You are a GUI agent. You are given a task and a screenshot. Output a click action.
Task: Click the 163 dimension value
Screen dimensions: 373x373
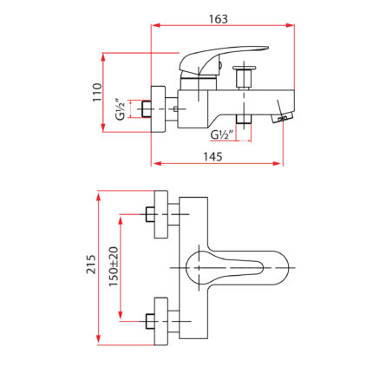pos(219,19)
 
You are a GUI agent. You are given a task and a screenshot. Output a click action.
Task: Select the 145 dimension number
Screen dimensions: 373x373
pos(213,157)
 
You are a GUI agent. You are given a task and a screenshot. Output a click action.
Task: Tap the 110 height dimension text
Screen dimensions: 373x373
pos(97,92)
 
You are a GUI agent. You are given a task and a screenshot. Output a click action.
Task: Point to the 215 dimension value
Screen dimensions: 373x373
pos(91,265)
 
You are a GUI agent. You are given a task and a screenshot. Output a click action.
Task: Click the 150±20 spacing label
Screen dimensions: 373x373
pos(114,266)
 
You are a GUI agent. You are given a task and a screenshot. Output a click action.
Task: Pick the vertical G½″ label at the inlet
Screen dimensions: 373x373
pos(121,109)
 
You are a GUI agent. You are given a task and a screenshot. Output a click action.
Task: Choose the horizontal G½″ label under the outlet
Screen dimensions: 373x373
pos(222,134)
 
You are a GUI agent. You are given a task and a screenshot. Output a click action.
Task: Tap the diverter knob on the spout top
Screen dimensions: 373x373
pos(245,76)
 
